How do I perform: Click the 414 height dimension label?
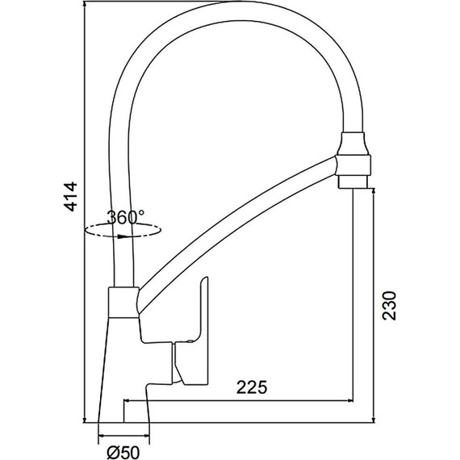pyautogui.click(x=71, y=197)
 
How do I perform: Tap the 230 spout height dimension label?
pyautogui.click(x=390, y=305)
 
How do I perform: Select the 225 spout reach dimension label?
pyautogui.click(x=252, y=387)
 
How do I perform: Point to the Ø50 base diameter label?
pyautogui.click(x=123, y=452)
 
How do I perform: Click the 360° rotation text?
pyautogui.click(x=126, y=217)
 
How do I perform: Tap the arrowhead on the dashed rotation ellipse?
pyautogui.click(x=123, y=236)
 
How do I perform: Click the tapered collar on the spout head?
pyautogui.click(x=353, y=144)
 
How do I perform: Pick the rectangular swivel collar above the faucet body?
pyautogui.click(x=123, y=302)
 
